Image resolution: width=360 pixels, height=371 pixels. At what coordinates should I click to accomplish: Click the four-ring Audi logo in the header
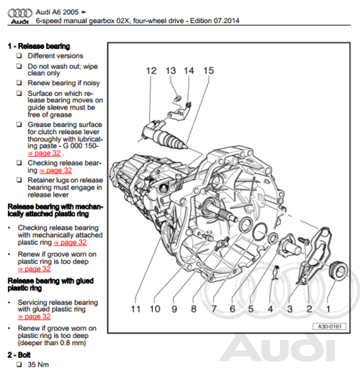pyautogui.click(x=19, y=13)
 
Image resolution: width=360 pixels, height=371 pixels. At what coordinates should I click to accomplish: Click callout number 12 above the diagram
pyautogui.click(x=151, y=71)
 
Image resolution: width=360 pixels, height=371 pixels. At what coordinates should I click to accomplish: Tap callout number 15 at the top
pyautogui.click(x=209, y=71)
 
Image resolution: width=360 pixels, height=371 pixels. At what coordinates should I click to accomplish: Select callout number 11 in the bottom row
pyautogui.click(x=135, y=309)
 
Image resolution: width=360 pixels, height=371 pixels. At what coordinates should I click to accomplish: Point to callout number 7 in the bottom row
pyautogui.click(x=214, y=309)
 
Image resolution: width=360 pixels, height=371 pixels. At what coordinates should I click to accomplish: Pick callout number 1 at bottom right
pyautogui.click(x=328, y=309)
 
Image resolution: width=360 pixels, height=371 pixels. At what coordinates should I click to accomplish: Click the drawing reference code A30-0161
pyautogui.click(x=330, y=326)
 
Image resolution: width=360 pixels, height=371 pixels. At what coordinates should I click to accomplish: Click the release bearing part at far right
pyautogui.click(x=338, y=271)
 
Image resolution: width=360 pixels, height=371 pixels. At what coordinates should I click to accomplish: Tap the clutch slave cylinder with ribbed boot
pyautogui.click(x=163, y=136)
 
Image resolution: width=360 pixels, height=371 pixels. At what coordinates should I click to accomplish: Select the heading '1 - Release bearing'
pyautogui.click(x=39, y=46)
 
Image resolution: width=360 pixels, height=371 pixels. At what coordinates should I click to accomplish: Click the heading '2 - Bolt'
pyautogui.click(x=19, y=355)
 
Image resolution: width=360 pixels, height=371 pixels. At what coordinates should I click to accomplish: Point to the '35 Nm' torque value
pyautogui.click(x=38, y=365)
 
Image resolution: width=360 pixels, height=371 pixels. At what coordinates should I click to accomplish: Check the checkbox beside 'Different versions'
pyautogui.click(x=19, y=55)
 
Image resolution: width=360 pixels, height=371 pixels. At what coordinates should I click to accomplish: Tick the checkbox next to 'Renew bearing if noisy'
pyautogui.click(x=19, y=83)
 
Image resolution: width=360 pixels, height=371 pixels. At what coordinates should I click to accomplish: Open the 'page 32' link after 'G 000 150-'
pyautogui.click(x=44, y=153)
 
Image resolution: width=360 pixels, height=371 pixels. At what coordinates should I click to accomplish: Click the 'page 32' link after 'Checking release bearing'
pyautogui.click(x=55, y=170)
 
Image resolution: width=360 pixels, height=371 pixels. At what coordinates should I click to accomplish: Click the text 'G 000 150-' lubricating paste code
pyautogui.click(x=81, y=146)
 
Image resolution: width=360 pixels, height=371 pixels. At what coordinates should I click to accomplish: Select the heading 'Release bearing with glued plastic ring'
pyautogui.click(x=50, y=285)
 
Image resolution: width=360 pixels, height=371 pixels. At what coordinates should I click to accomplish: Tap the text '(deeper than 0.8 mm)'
pyautogui.click(x=52, y=343)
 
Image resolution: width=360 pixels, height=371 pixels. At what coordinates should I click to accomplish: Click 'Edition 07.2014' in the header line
pyautogui.click(x=215, y=21)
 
